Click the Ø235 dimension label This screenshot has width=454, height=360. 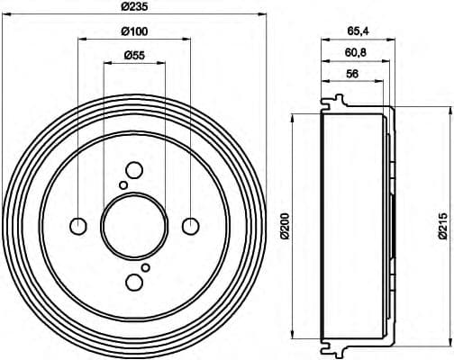tap(135, 7)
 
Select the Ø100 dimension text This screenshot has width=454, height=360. tap(134, 32)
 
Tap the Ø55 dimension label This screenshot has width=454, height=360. tap(134, 56)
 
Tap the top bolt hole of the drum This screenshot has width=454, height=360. tap(134, 169)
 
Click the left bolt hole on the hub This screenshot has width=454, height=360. tap(78, 225)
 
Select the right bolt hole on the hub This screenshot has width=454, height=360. tap(191, 225)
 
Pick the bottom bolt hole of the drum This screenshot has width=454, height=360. tap(134, 282)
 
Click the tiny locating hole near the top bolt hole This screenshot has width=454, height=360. tap(123, 185)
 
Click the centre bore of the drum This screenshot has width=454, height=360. tap(134, 225)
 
